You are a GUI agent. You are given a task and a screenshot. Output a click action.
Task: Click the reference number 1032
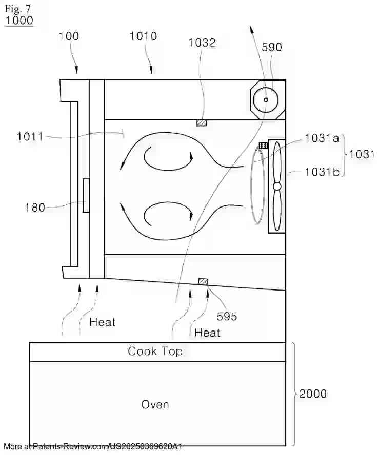pos(202,43)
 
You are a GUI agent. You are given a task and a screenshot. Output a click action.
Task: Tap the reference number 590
pos(271,47)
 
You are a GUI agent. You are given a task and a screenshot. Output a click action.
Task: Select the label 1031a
pos(322,138)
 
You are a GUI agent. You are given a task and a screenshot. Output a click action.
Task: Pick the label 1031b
pos(322,172)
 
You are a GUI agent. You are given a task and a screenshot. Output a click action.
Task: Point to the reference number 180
pos(35,208)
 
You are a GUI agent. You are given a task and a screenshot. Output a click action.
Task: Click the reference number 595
pos(226,316)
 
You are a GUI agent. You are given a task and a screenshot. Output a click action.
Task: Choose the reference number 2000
pos(312,394)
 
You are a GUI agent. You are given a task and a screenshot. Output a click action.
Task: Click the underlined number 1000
pos(19,20)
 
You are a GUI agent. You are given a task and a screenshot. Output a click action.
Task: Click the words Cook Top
pos(155,351)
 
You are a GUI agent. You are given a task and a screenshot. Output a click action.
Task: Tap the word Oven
pos(155,404)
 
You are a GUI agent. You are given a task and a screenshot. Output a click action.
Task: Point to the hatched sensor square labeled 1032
pos(202,123)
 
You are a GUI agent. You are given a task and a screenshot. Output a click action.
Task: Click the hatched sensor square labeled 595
pos(203,281)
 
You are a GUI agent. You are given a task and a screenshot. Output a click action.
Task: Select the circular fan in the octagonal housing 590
pos(266,99)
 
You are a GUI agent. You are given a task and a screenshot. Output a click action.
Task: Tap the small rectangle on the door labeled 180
pos(86,196)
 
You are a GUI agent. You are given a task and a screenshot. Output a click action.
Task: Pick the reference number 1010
pos(143,36)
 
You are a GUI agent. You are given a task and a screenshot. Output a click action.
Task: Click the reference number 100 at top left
pos(69,36)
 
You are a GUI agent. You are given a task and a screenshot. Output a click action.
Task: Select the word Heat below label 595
pos(207,333)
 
